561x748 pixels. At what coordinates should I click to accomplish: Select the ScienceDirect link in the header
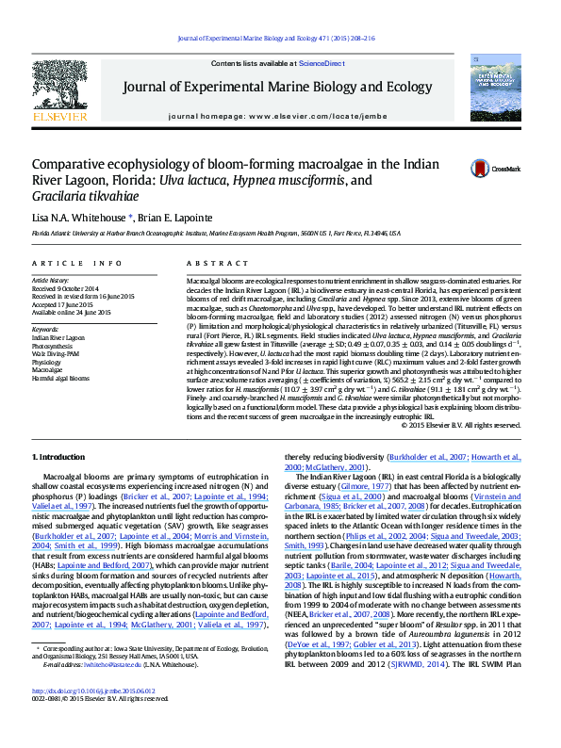point(321,62)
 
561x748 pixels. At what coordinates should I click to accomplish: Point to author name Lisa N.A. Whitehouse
point(77,218)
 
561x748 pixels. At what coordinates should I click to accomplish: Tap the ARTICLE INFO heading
point(77,263)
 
